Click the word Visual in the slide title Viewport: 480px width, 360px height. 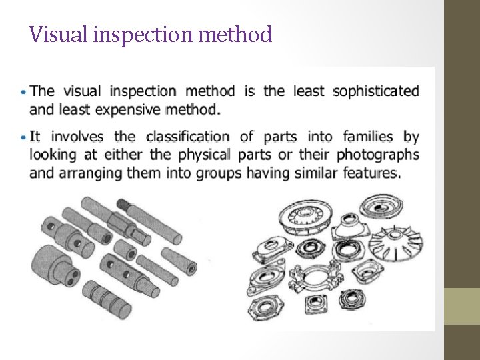tap(49, 34)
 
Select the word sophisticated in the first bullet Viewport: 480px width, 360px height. tap(376, 91)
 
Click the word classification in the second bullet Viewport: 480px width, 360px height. tap(188, 137)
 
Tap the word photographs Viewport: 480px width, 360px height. tap(378, 155)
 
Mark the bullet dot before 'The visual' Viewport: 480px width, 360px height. tap(24, 91)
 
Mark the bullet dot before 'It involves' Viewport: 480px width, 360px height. tap(24, 137)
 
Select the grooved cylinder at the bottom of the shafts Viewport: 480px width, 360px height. tap(106, 298)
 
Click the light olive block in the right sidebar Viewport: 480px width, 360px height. tap(462, 306)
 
